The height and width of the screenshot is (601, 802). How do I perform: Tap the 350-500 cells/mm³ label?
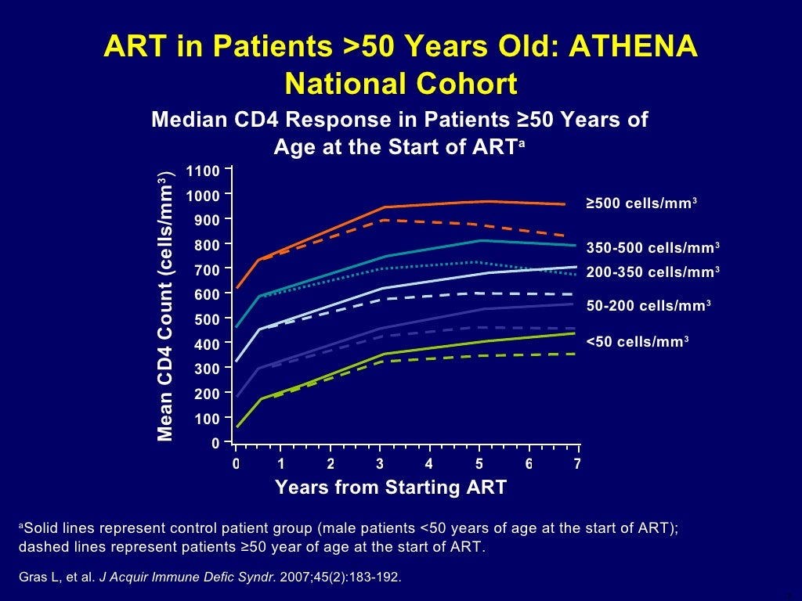652,248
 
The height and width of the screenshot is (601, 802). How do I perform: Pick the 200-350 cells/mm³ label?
652,272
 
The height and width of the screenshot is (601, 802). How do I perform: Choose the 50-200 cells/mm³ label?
648,307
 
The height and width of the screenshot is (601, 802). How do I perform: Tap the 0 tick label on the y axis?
215,444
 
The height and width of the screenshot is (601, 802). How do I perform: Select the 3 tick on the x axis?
380,464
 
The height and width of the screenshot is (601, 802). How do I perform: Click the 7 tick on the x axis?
577,464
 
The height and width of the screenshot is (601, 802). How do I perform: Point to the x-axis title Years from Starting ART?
391,488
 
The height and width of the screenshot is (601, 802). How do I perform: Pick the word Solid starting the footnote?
42,528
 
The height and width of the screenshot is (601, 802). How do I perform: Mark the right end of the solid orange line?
565,204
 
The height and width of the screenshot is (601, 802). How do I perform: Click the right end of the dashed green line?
576,354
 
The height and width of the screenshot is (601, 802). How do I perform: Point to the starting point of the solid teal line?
237,327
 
